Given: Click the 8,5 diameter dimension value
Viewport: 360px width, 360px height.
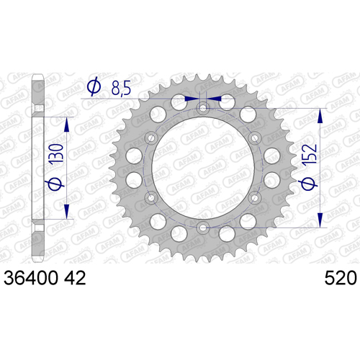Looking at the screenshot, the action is [x=121, y=88].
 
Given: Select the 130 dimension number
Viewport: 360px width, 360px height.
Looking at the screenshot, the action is [x=55, y=153].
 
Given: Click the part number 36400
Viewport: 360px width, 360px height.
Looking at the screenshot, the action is [x=31, y=278].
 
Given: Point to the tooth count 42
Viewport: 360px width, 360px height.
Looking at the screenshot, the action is [x=75, y=278].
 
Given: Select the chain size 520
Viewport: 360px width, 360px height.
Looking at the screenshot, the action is [x=341, y=278].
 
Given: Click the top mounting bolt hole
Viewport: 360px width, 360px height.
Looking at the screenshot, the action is [x=203, y=108].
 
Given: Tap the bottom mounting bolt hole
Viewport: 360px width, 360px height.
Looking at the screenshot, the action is [x=203, y=228].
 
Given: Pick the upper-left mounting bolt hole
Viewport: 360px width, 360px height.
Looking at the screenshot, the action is [x=151, y=138].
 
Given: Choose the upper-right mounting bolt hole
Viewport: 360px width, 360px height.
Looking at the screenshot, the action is [x=255, y=138].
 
